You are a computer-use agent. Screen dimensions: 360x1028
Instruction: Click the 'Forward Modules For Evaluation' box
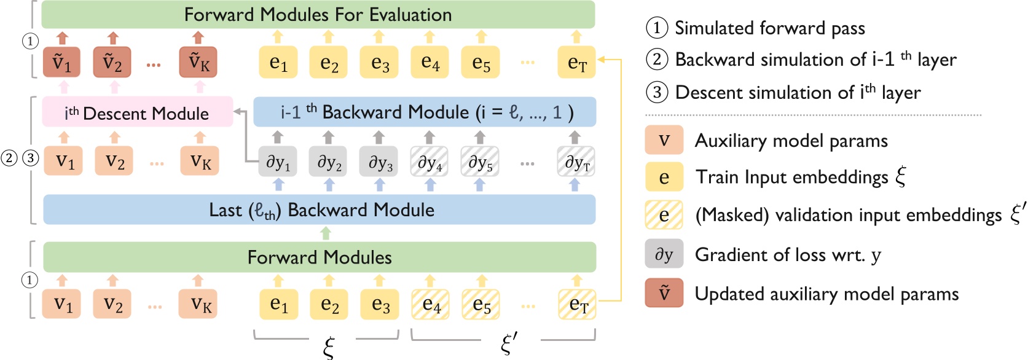tap(318, 15)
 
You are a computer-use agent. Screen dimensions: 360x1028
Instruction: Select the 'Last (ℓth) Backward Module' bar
tap(320, 210)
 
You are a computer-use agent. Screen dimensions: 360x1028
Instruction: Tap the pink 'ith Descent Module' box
tap(137, 113)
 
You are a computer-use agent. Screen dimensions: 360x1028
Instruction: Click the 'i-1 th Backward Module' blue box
tap(425, 112)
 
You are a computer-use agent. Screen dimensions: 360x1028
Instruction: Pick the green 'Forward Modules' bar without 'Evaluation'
tap(320, 257)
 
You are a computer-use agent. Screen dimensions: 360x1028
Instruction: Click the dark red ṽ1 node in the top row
tap(61, 63)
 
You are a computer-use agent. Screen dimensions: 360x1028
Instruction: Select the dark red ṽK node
tap(198, 63)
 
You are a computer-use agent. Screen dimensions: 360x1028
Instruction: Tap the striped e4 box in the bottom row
tap(430, 305)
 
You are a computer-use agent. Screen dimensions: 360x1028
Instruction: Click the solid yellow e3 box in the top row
tap(379, 63)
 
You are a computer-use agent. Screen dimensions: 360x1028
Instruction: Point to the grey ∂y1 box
tap(278, 163)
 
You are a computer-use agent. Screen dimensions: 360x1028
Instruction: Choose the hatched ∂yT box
tap(576, 163)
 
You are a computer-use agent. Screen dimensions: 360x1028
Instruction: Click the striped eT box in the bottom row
tap(577, 305)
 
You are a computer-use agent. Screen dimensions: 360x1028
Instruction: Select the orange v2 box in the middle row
tap(114, 162)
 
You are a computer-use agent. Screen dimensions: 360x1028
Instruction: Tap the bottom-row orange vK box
tap(198, 305)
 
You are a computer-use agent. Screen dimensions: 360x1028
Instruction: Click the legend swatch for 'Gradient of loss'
tap(664, 254)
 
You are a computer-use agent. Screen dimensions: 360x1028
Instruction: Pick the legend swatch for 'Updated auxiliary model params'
tap(664, 293)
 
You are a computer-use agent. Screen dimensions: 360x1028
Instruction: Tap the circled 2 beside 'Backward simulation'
tap(657, 60)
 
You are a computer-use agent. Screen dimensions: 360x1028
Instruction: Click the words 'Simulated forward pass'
tap(769, 28)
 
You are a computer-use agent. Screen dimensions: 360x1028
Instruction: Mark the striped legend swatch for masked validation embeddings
tap(664, 215)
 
